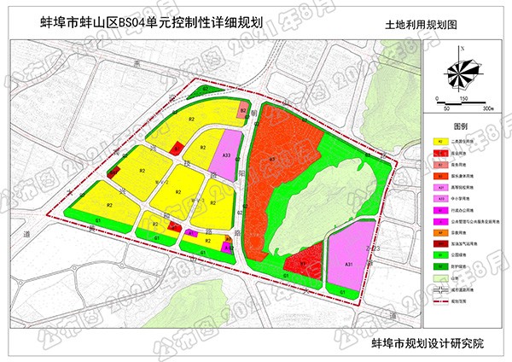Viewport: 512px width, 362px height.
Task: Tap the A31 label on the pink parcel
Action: [350, 266]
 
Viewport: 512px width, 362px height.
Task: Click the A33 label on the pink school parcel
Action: [227, 155]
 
